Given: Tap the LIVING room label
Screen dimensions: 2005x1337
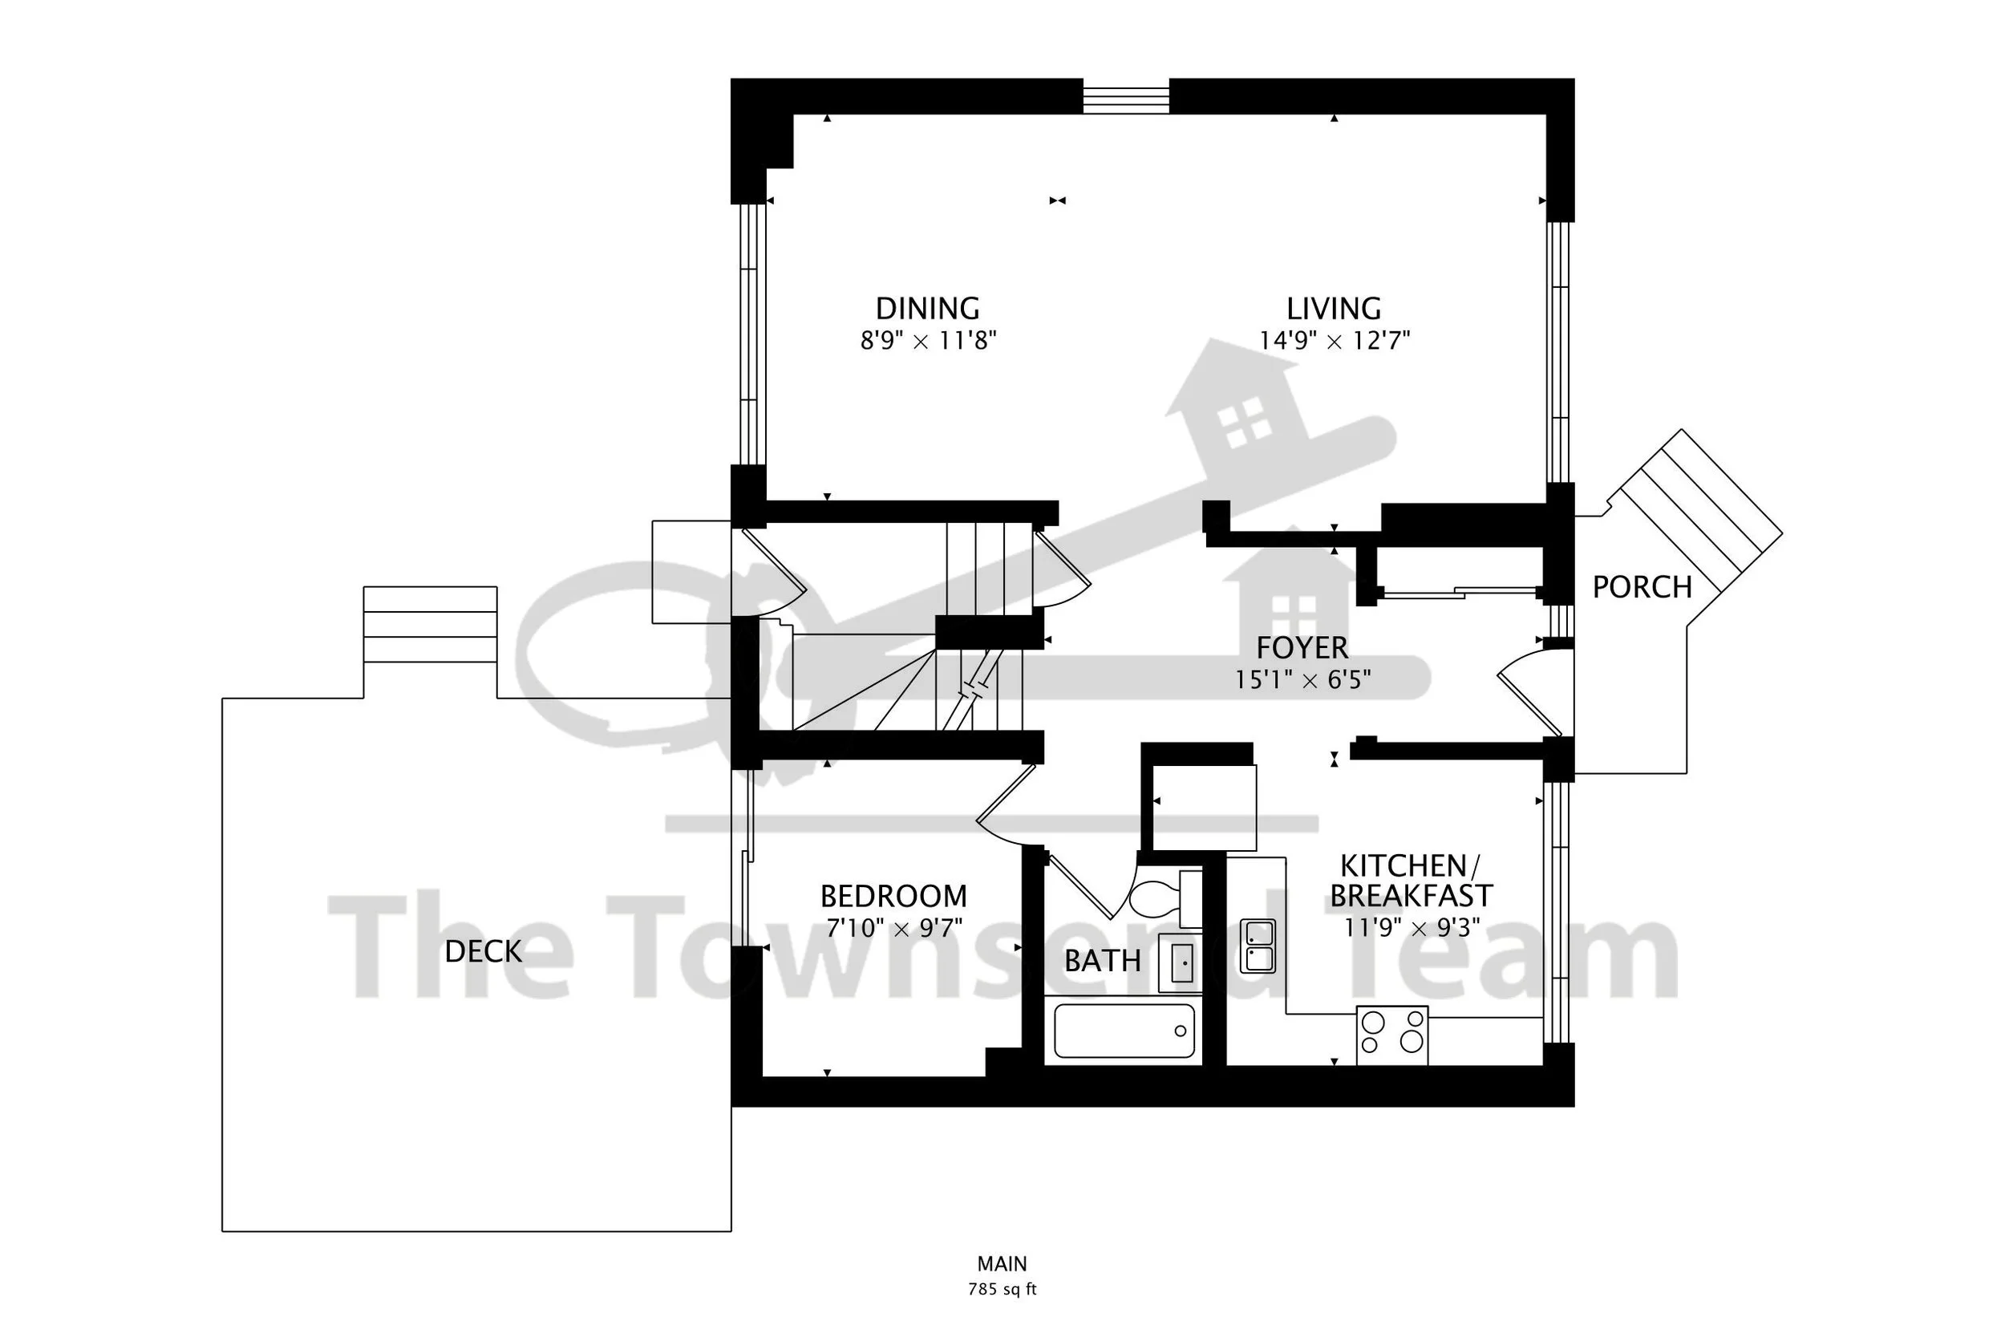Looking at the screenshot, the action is [x=1334, y=308].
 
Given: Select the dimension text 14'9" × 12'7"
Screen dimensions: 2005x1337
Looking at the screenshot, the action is [x=1334, y=340].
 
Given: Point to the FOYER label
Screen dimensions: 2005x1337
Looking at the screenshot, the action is [x=1302, y=648].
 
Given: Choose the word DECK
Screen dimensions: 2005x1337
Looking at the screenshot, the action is [x=484, y=951].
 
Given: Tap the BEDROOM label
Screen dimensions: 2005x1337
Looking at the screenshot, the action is [x=893, y=896].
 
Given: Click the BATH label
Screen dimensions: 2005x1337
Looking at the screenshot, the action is [x=1102, y=961].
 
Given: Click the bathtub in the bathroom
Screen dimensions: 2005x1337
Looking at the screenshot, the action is [x=1124, y=1031].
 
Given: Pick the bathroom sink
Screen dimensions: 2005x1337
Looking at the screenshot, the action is [x=1181, y=962].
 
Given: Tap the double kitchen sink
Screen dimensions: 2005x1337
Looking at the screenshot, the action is [x=1258, y=946].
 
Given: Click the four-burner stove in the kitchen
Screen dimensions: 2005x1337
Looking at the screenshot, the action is [x=1392, y=1035].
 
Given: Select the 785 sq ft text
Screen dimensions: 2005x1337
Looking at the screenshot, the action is [x=1002, y=1289].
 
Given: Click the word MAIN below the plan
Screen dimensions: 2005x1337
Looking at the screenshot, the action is [x=1002, y=1264].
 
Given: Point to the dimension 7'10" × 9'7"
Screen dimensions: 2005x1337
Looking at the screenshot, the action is [x=894, y=928].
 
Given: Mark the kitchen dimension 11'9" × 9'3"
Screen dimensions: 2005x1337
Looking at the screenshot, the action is [x=1412, y=928].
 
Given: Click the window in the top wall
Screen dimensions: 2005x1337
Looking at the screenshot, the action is [x=1126, y=96].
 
